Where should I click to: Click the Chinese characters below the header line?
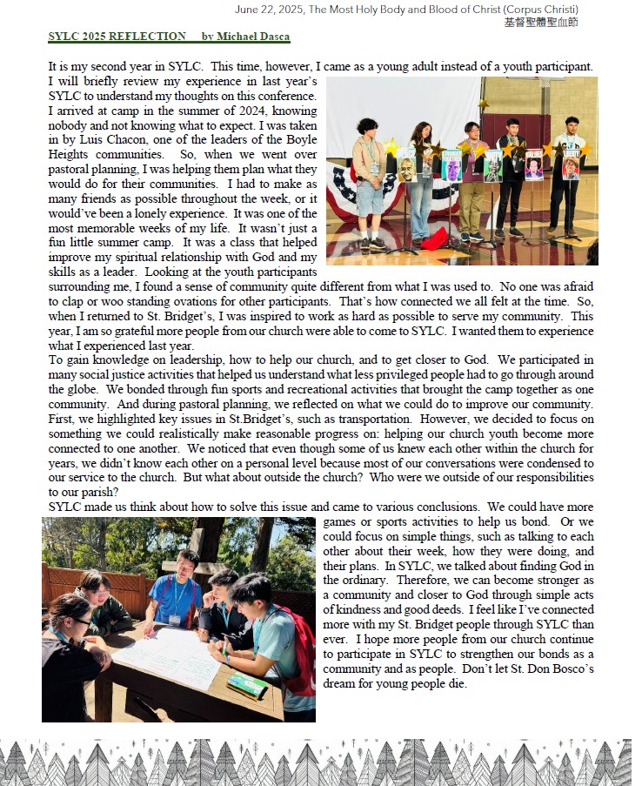[540, 23]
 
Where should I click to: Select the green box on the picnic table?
[246, 685]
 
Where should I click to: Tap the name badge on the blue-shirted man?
[173, 619]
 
